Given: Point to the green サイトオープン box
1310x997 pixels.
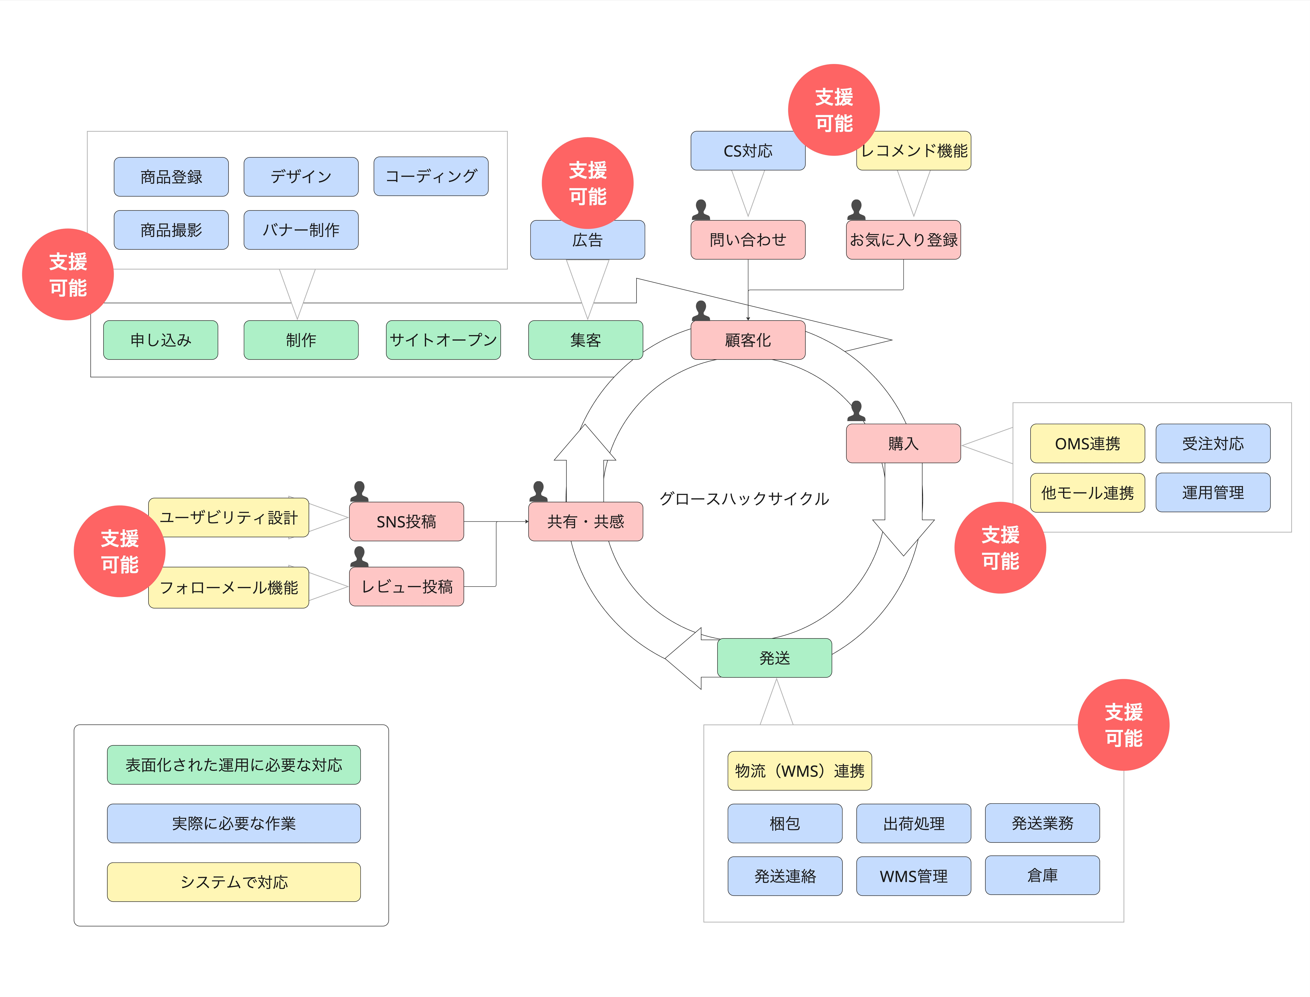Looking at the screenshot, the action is [x=443, y=340].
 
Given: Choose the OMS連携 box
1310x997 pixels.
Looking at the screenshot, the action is [x=1087, y=443].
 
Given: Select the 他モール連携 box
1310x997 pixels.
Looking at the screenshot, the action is [x=1087, y=493].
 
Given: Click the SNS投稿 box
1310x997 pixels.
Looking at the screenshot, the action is [x=406, y=522].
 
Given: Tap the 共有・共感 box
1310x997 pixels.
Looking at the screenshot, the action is [x=586, y=522].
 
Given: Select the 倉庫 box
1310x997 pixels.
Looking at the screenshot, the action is [x=1042, y=875].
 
